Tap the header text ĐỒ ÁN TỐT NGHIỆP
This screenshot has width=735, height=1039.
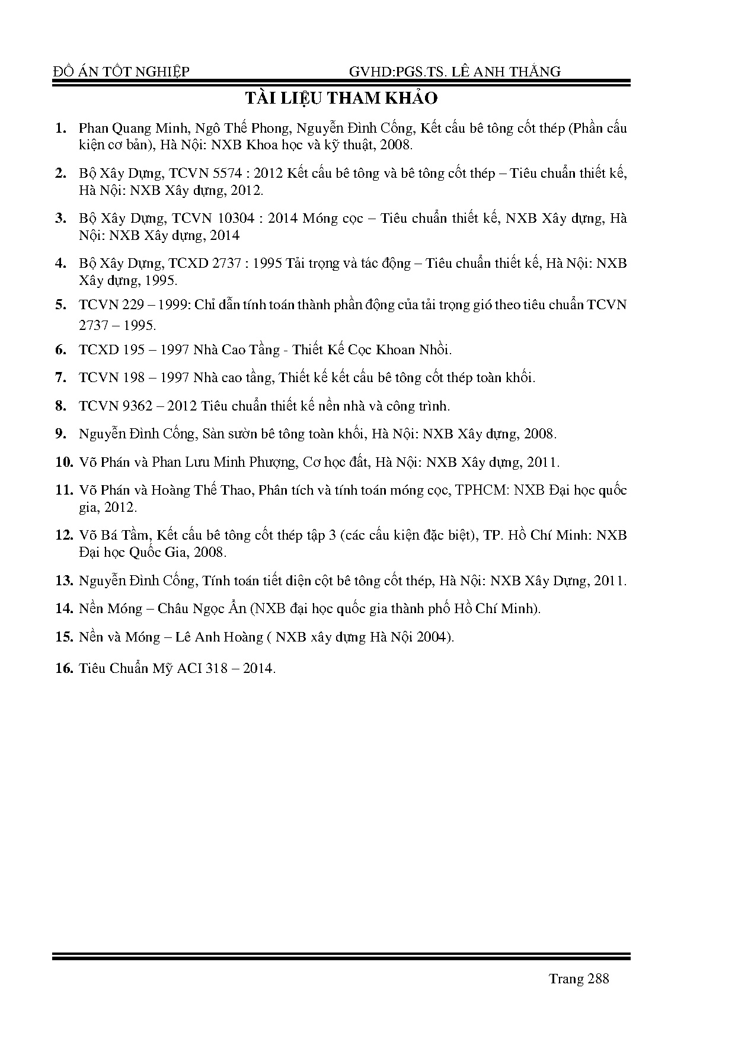point(121,72)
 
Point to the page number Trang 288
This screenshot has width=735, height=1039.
point(579,979)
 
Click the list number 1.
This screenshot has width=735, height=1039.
point(59,129)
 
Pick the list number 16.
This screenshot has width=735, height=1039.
point(63,668)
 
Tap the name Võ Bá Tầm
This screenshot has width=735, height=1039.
point(114,535)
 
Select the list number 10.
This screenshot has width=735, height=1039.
point(63,462)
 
